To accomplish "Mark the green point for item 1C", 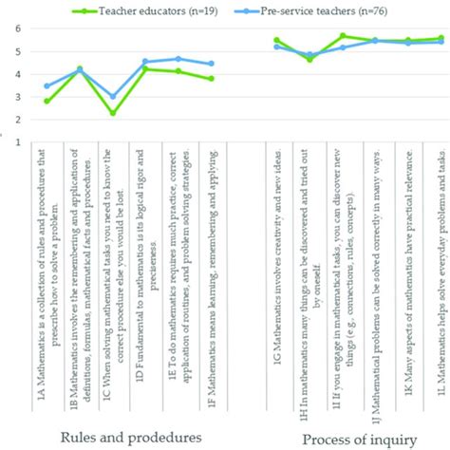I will (x=113, y=114).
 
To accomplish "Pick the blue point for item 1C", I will (x=113, y=97).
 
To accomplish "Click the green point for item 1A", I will (x=47, y=101).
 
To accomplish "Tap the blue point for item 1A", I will (x=47, y=86).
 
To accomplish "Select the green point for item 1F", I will (x=211, y=79).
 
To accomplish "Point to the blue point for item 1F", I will (x=211, y=64).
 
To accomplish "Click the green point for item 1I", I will (x=342, y=35).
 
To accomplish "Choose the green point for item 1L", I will (x=441, y=38).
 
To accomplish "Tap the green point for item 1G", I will (x=276, y=40).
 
